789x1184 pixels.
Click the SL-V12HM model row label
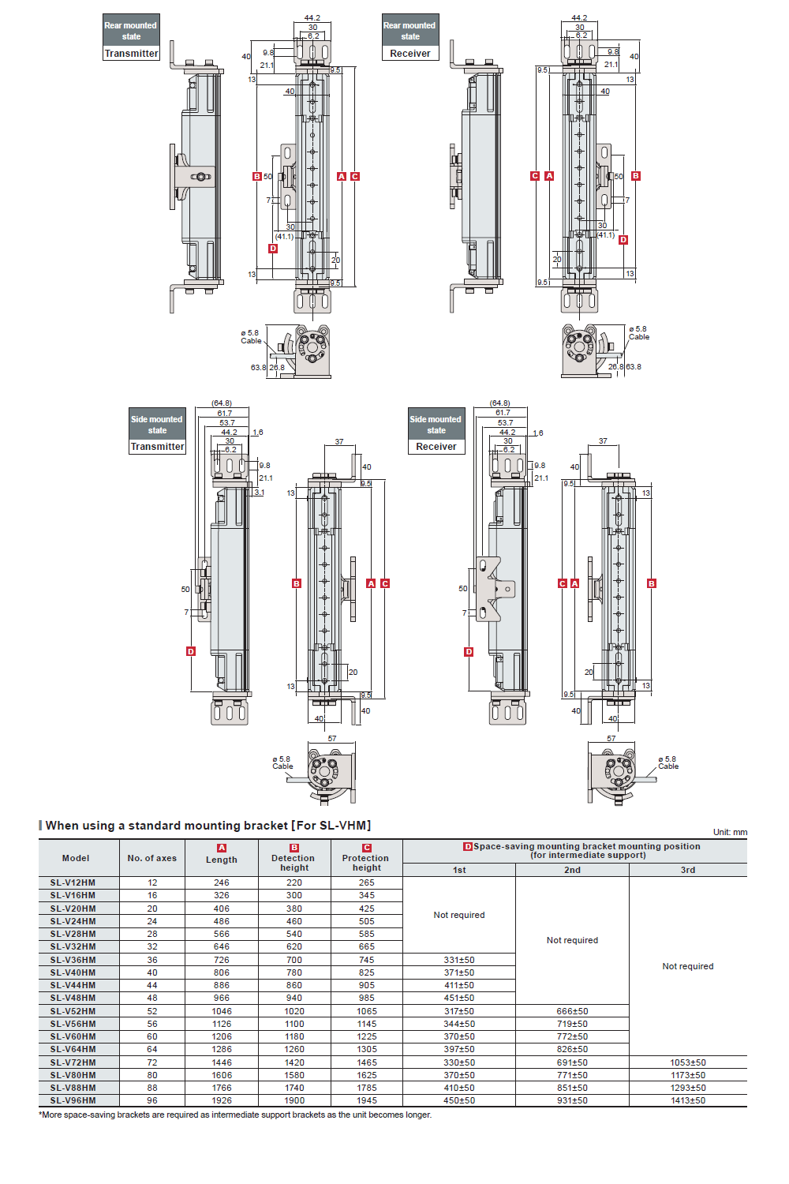pyautogui.click(x=73, y=882)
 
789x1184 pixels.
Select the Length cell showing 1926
pyautogui.click(x=222, y=1100)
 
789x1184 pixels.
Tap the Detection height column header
pyautogui.click(x=294, y=862)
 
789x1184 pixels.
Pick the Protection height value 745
pyautogui.click(x=367, y=960)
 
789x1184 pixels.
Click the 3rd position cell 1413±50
pyautogui.click(x=688, y=1100)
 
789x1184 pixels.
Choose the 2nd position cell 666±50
pyautogui.click(x=572, y=1011)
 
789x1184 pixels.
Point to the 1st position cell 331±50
pyautogui.click(x=459, y=960)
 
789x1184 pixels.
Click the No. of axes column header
pyautogui.click(x=152, y=858)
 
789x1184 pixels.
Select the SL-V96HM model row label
pyautogui.click(x=73, y=1100)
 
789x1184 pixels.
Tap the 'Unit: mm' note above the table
pyautogui.click(x=730, y=832)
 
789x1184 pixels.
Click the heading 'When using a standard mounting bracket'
pyautogui.click(x=208, y=826)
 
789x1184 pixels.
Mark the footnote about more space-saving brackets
pyautogui.click(x=235, y=1115)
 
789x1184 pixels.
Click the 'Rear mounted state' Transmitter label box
pyautogui.click(x=131, y=37)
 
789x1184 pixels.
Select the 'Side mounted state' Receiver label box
pyautogui.click(x=436, y=431)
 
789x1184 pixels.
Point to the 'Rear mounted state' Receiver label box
pyautogui.click(x=410, y=37)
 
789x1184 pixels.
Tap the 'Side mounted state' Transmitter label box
pyautogui.click(x=157, y=431)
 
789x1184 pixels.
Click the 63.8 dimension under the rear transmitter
pyautogui.click(x=258, y=368)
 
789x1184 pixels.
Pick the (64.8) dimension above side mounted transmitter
pyautogui.click(x=222, y=403)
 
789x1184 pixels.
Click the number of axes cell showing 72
pyautogui.click(x=152, y=1062)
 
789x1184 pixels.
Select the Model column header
pyautogui.click(x=76, y=858)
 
